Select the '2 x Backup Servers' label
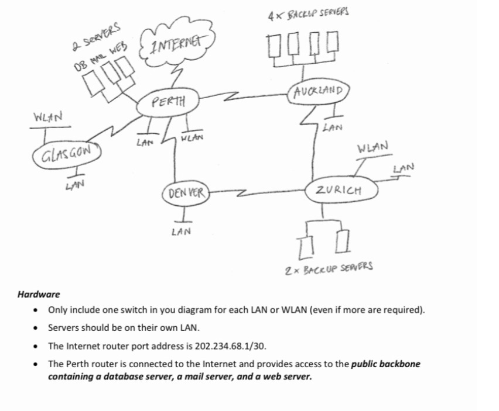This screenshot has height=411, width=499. [329, 270]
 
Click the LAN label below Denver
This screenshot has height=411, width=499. [181, 232]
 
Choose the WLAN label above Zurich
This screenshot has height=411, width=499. [372, 146]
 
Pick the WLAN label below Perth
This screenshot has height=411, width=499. [193, 138]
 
